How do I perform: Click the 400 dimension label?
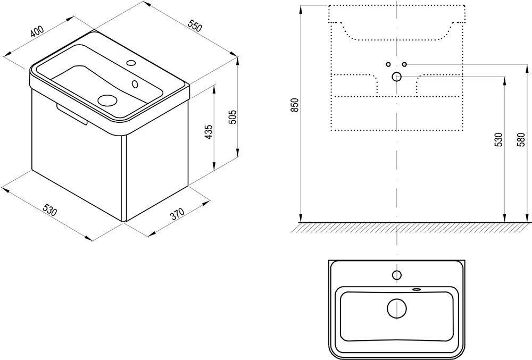point(37,31)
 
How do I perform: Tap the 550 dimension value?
point(195,26)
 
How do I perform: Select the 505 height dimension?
point(232,118)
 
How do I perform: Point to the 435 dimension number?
point(209,131)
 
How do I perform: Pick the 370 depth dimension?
point(177,214)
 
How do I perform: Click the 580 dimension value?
point(521,139)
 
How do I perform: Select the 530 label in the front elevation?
point(498,139)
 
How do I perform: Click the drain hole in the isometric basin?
point(107,99)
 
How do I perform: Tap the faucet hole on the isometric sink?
point(131,62)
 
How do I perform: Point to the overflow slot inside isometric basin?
point(135,83)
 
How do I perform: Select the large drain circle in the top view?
point(397,309)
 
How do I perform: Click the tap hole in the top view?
point(397,275)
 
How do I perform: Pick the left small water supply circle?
point(388,64)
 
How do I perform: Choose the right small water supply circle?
point(404,64)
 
